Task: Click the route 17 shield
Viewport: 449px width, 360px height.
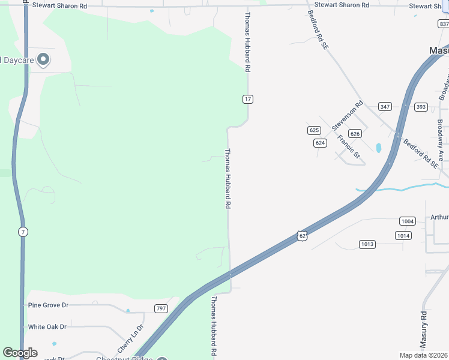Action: click(247, 99)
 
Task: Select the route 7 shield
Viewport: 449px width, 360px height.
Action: click(23, 232)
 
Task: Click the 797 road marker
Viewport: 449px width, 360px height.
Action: click(160, 308)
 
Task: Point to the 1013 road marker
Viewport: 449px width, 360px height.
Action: click(367, 244)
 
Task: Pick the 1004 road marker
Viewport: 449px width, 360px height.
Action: click(407, 221)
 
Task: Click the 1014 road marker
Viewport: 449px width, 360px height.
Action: click(403, 236)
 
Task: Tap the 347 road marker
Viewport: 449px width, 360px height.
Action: click(385, 107)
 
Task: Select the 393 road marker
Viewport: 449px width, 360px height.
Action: click(421, 107)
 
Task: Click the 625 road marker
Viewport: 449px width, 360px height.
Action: click(314, 130)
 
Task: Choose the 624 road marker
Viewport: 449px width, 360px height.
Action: click(320, 143)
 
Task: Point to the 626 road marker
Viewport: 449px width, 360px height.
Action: click(355, 134)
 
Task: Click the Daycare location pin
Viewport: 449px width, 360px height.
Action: click(43, 59)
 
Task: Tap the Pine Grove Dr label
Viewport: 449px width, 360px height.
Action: click(49, 305)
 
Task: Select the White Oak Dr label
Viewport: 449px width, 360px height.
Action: click(47, 327)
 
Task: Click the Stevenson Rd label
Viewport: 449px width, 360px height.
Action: click(348, 116)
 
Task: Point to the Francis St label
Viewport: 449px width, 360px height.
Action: click(348, 148)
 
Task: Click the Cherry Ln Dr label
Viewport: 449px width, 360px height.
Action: click(130, 339)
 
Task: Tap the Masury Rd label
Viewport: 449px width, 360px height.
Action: click(423, 330)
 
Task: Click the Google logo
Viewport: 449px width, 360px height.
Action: click(20, 353)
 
